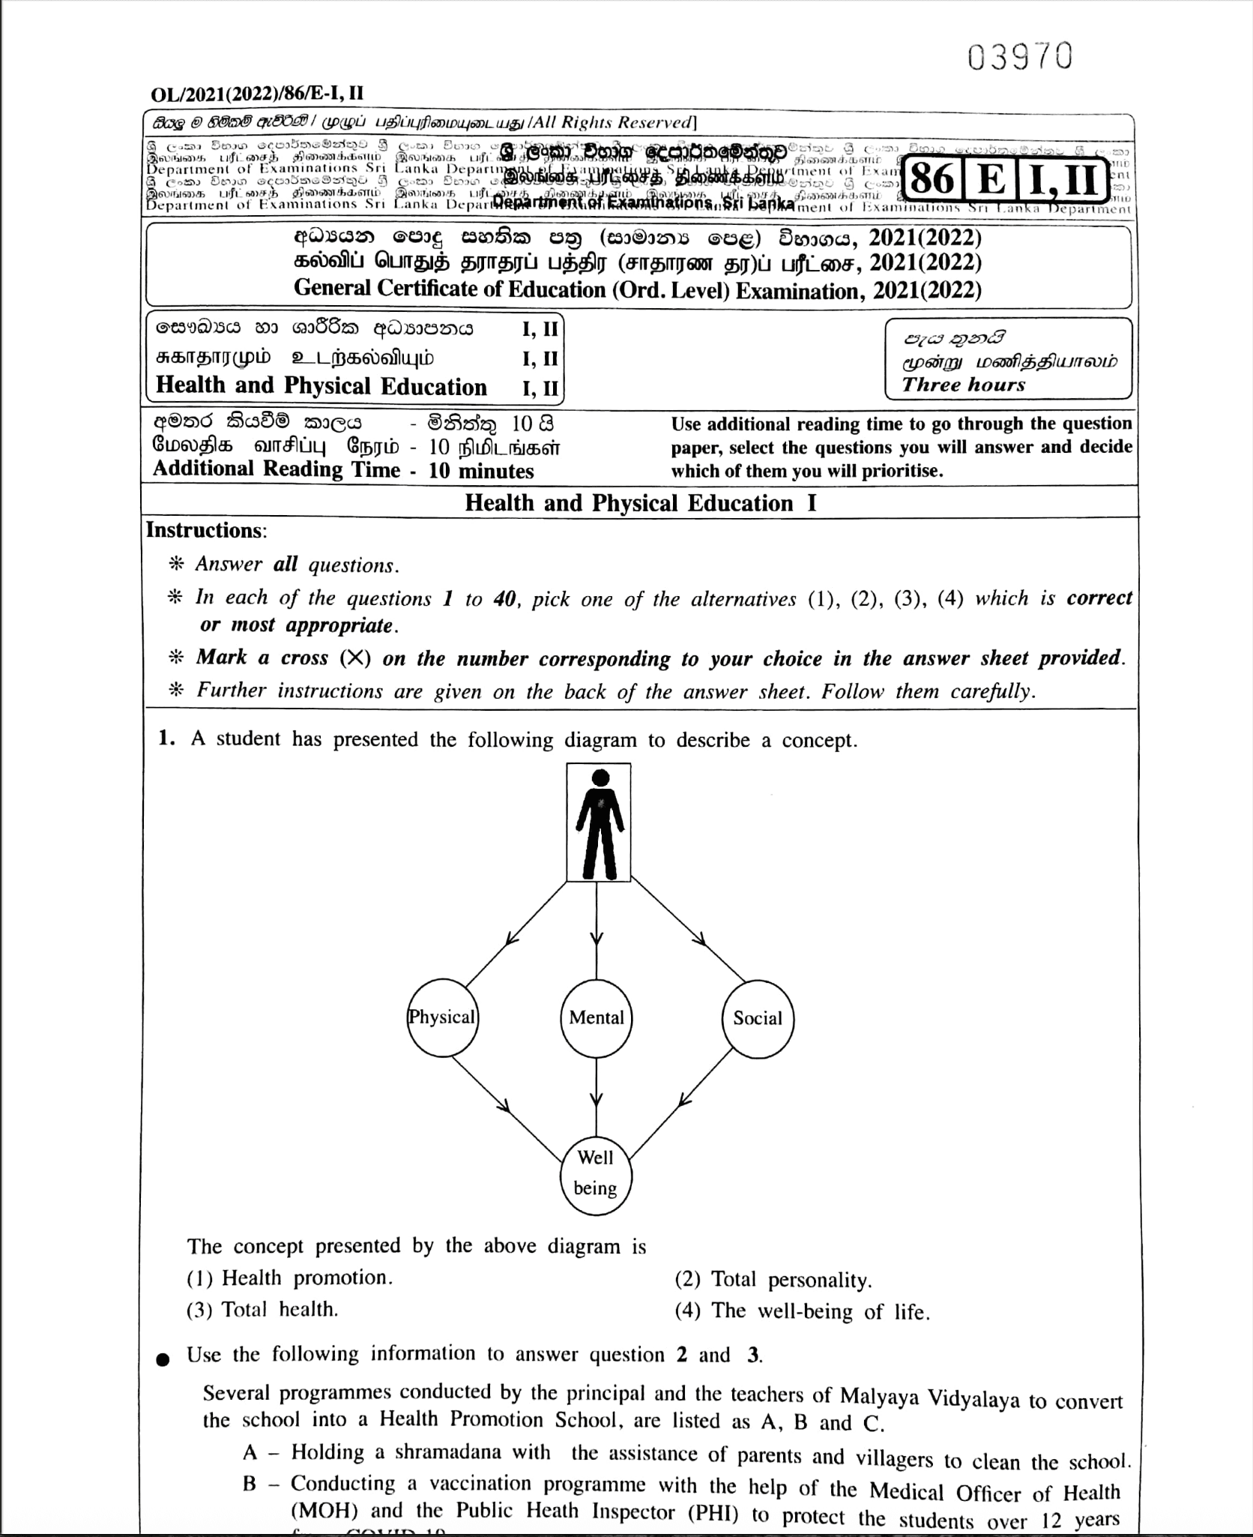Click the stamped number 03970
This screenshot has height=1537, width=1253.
click(x=1020, y=57)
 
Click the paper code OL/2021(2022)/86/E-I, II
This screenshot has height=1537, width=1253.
click(x=258, y=94)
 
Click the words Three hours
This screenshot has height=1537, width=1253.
click(x=963, y=385)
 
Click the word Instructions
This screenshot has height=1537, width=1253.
click(x=205, y=530)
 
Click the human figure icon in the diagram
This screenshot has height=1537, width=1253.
click(x=599, y=822)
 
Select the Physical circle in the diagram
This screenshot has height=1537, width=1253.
click(x=442, y=1017)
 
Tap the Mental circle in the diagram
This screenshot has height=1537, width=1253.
click(x=597, y=1017)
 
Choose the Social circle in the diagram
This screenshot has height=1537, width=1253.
click(x=758, y=1018)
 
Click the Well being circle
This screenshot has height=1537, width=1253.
click(x=596, y=1172)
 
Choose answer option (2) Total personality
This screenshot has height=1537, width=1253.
click(x=773, y=1279)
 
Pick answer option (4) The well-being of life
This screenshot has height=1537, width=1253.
click(x=802, y=1311)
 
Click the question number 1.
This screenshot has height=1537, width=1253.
click(x=167, y=739)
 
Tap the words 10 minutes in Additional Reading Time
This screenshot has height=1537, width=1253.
click(x=481, y=471)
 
